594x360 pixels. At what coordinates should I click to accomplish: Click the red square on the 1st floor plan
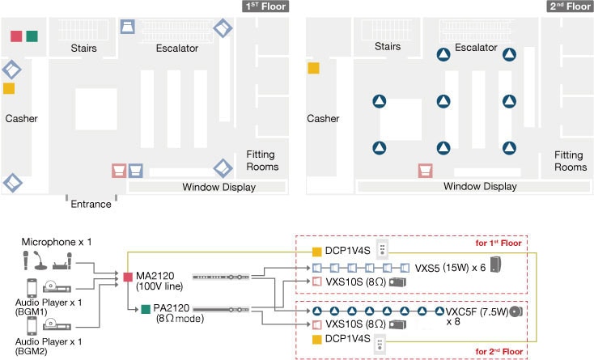coord(16,36)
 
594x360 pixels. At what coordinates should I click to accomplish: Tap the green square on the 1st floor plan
coord(32,36)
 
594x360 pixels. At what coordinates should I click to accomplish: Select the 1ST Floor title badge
coord(265,7)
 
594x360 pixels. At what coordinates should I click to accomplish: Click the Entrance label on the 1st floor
coord(91,204)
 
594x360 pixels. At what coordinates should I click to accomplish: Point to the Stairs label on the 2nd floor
coord(387,48)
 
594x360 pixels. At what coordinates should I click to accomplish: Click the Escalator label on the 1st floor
coord(176,49)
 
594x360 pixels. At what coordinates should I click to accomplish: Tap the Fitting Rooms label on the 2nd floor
coord(571,161)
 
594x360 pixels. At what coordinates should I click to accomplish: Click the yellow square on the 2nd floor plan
coord(313,69)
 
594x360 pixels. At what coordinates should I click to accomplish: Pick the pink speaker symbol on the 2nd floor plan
coord(424,170)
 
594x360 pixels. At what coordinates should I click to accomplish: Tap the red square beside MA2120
coord(128,278)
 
